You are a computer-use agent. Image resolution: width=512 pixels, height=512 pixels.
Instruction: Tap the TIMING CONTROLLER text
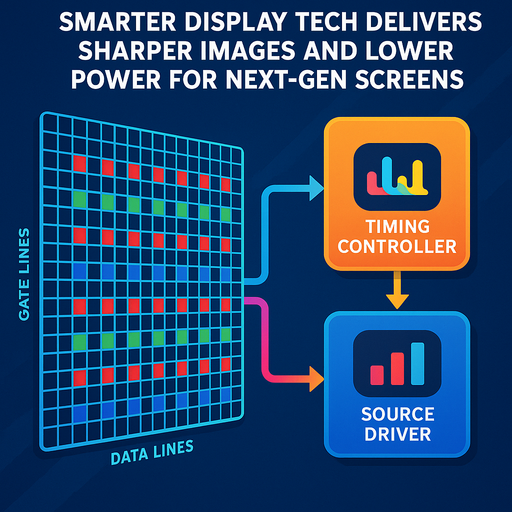[397, 236]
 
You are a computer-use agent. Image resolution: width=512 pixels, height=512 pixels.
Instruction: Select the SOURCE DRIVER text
[397, 423]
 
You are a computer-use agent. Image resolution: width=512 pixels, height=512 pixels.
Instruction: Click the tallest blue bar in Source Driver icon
[417, 363]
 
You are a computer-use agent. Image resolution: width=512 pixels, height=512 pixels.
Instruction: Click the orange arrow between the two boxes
[397, 290]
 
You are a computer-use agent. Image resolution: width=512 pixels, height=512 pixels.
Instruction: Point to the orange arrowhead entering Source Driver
[316, 378]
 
